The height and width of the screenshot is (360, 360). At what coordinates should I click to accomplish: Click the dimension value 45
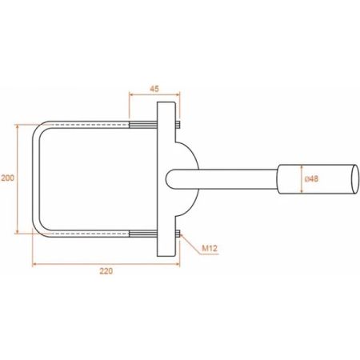(154, 89)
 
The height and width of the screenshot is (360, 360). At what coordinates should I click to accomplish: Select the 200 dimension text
(7, 178)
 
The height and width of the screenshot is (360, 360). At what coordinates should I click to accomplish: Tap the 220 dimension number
(106, 271)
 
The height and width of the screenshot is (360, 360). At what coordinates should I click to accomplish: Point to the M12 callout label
(210, 249)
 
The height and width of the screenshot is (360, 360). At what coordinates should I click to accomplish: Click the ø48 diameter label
(311, 178)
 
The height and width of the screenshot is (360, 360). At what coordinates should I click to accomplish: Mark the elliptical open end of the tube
(355, 179)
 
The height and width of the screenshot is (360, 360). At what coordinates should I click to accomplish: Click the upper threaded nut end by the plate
(178, 125)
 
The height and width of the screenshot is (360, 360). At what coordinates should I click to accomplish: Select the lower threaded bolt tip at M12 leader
(178, 234)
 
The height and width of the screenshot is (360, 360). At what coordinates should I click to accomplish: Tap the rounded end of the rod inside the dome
(169, 179)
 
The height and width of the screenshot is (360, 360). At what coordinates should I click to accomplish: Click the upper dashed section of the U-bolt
(90, 125)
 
